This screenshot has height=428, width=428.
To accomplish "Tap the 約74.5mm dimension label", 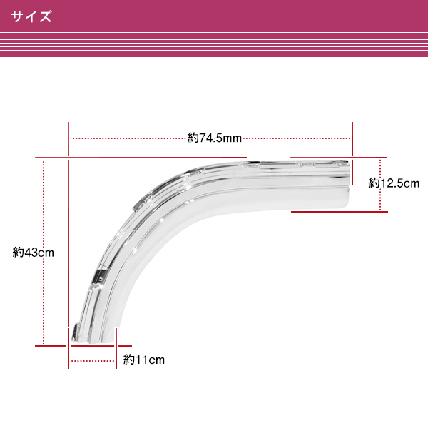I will [x=215, y=138].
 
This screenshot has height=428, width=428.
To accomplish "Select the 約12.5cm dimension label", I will [x=393, y=183].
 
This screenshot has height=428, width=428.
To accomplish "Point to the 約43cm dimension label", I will [x=34, y=252].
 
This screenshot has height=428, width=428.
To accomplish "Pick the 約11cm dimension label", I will [x=143, y=360].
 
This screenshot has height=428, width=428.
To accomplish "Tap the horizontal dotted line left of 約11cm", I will [x=93, y=360].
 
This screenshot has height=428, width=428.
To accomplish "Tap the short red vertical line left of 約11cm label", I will [x=116, y=350].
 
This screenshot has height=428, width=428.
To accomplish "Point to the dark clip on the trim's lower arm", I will [x=101, y=275].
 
